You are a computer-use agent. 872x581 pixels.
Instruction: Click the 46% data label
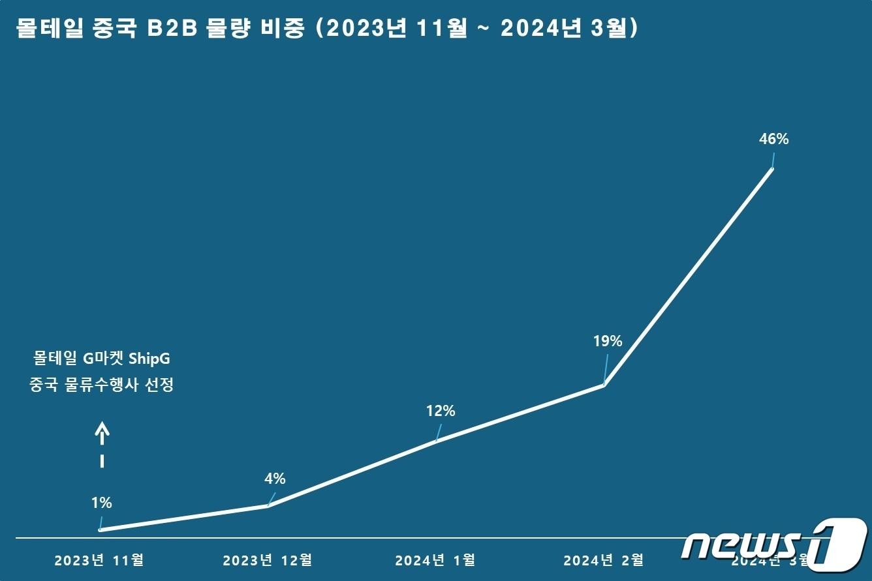click(774, 139)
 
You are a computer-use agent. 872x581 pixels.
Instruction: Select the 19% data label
click(607, 340)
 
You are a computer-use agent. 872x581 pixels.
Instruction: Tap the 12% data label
click(441, 411)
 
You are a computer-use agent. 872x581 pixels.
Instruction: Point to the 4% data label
click(275, 479)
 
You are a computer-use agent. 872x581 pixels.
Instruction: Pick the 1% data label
click(102, 503)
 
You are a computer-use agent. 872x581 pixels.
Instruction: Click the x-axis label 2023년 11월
click(99, 559)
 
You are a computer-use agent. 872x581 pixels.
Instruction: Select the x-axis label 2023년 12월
click(268, 559)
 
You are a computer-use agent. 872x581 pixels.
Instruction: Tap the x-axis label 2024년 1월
click(435, 559)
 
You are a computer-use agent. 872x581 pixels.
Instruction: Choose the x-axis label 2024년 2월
click(604, 559)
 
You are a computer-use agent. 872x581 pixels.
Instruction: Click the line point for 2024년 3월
click(772, 169)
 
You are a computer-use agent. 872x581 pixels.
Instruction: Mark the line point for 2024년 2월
click(604, 385)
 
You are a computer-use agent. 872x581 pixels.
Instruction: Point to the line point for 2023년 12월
click(268, 505)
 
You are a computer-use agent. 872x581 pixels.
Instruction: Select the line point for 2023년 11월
click(100, 530)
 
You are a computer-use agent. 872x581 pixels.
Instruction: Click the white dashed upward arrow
click(102, 445)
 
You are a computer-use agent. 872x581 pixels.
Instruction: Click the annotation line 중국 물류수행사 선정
click(101, 385)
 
